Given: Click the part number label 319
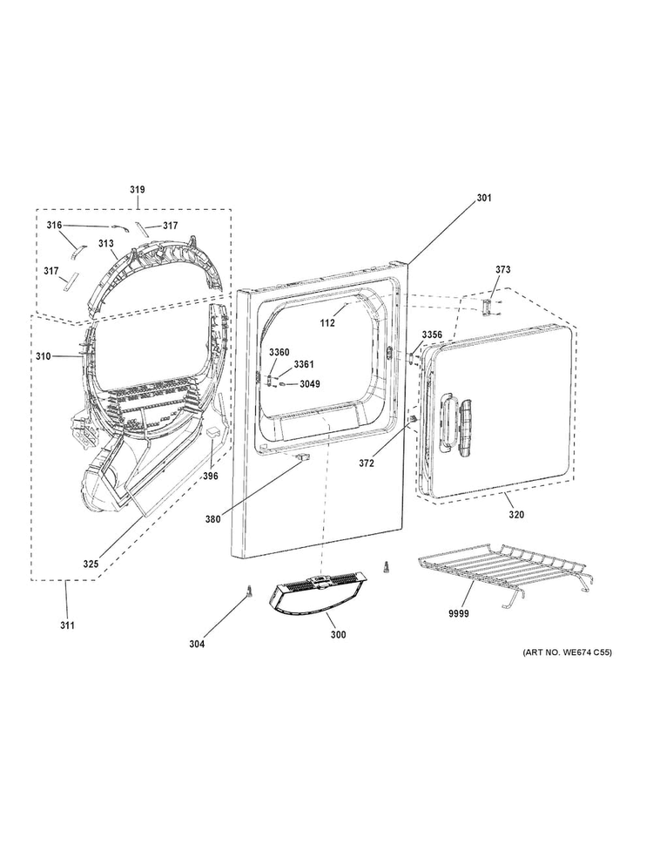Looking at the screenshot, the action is click(x=138, y=190).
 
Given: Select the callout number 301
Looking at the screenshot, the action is click(x=484, y=198).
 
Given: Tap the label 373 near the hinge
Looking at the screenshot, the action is click(x=502, y=269).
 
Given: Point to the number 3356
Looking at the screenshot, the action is click(x=432, y=335).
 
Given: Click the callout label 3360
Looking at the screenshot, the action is click(x=279, y=352).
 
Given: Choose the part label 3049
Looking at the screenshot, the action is click(x=310, y=384).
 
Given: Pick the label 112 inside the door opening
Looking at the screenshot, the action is click(x=327, y=323).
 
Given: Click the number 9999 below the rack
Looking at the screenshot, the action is click(x=459, y=613).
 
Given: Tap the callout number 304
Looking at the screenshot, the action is click(x=197, y=644).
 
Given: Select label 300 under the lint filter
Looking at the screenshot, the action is click(x=338, y=635).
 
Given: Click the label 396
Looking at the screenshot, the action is click(x=210, y=476).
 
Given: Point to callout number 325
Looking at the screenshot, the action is click(x=91, y=564).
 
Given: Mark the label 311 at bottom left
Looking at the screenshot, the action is click(x=67, y=625).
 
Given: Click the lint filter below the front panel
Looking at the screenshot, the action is click(x=318, y=591).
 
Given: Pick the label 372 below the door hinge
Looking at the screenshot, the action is click(x=367, y=463).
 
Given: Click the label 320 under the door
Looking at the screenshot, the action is click(x=516, y=515).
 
